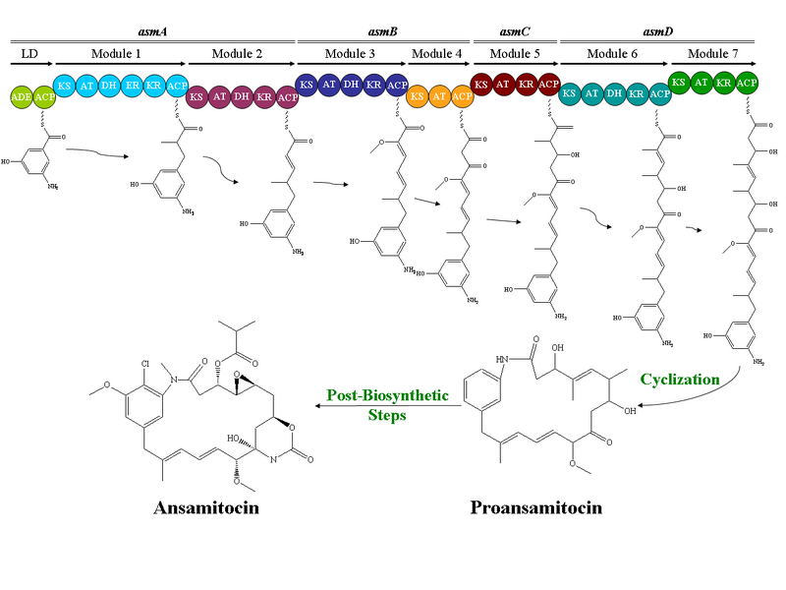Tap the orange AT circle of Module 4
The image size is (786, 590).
point(440,96)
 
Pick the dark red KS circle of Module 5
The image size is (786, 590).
point(481,86)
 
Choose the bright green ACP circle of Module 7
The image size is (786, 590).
point(748,84)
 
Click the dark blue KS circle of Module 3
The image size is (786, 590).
point(307,86)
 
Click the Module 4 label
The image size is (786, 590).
point(437,52)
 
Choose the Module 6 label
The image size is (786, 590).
point(613,52)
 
